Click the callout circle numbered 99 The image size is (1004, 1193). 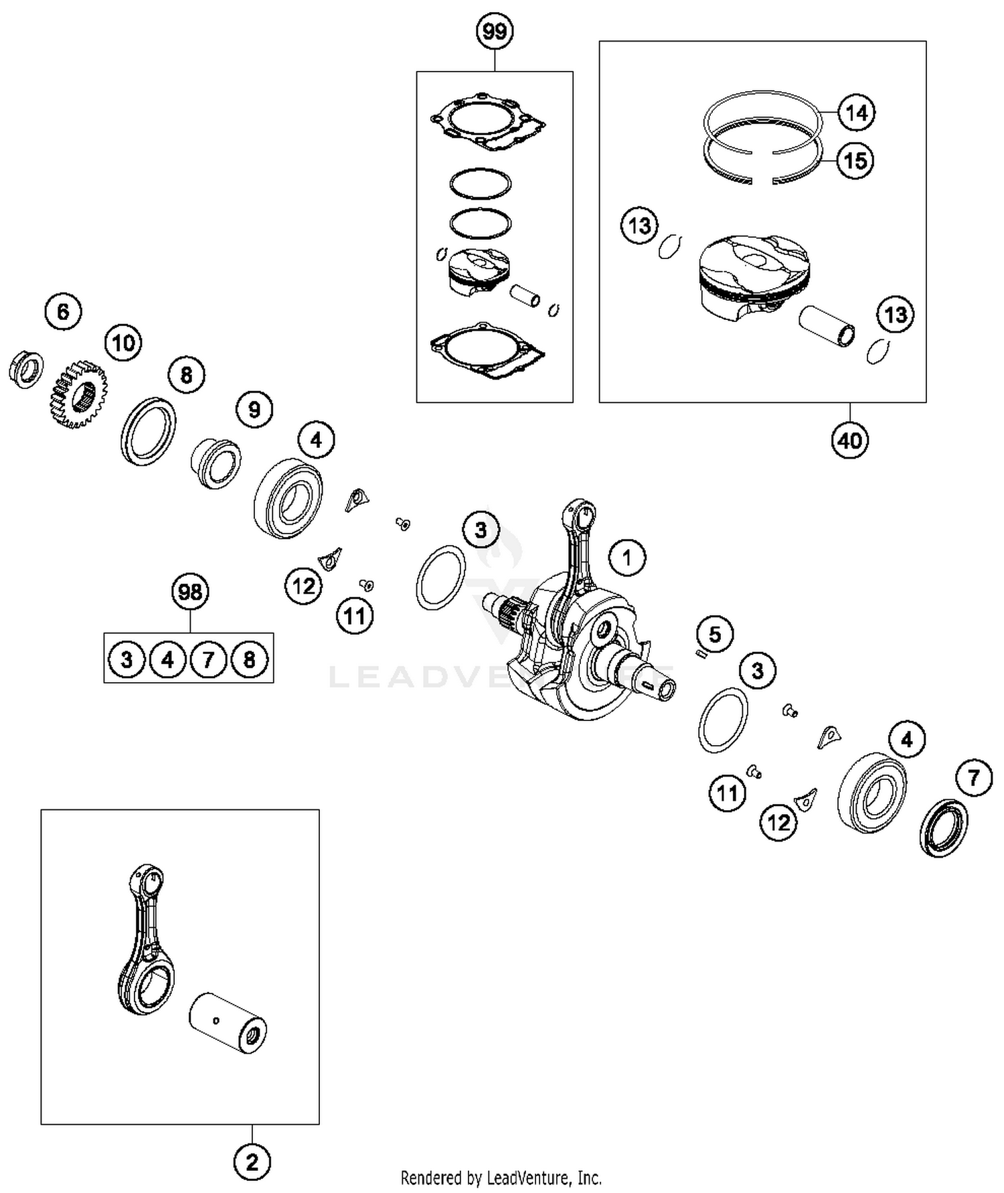[x=495, y=31]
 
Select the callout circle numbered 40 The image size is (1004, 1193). [x=849, y=441]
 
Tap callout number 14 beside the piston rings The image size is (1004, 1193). [x=856, y=112]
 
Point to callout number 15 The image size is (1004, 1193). [x=855, y=161]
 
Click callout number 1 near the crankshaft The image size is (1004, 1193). [x=626, y=557]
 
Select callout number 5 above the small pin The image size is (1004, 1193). [x=715, y=633]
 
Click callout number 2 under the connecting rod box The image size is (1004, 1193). [x=252, y=1162]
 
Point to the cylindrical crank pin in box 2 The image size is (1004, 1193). [x=228, y=1024]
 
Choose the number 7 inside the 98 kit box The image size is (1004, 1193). [x=208, y=660]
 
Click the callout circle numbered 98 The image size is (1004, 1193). [x=190, y=592]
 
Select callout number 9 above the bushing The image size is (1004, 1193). [x=254, y=409]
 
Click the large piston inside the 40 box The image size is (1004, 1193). [x=753, y=271]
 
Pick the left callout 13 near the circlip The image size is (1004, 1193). [x=639, y=226]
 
